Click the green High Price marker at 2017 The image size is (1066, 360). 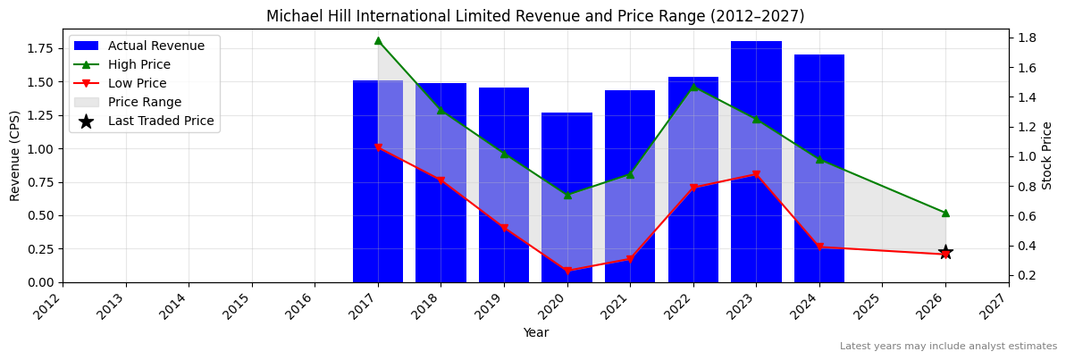coord(378,40)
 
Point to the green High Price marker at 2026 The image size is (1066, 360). coord(945,213)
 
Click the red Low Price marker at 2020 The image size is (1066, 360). coord(567,271)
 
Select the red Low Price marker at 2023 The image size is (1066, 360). coord(756,174)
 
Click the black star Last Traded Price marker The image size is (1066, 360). coord(945,252)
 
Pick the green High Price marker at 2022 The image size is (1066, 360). coord(692,86)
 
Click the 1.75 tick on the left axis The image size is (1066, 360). coord(40,48)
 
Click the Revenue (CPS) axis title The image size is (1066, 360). coord(15,155)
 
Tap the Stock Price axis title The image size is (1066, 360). coord(1047,155)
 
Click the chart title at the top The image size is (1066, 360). coord(535,16)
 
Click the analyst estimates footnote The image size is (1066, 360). coord(948,347)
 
